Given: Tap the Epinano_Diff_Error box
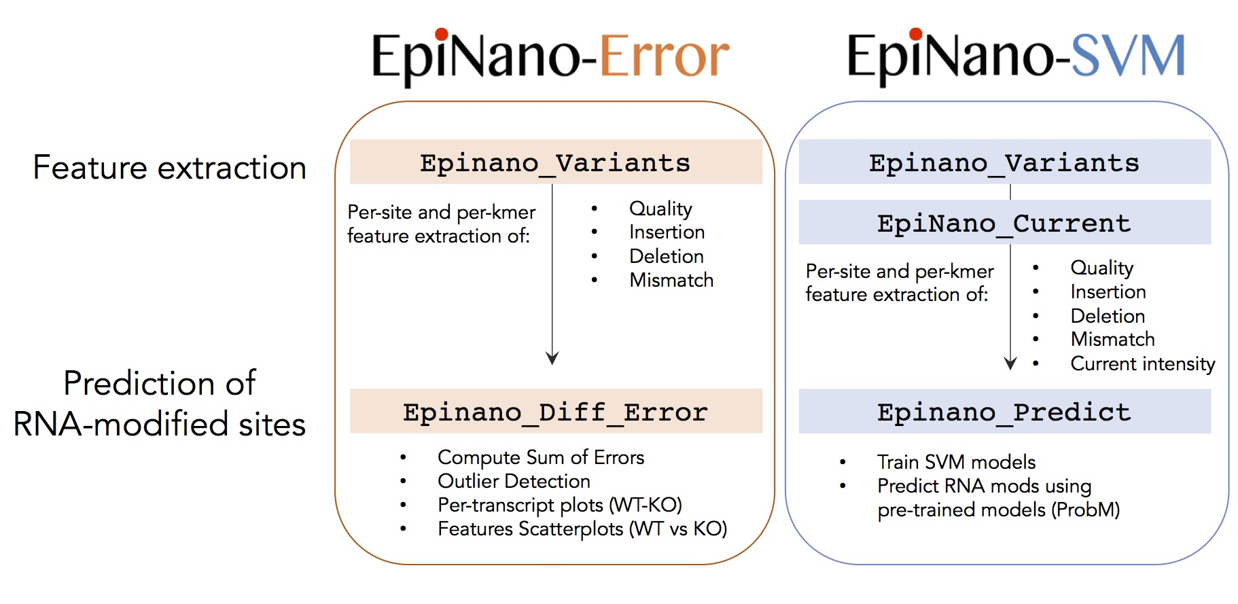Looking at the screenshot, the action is (555, 412).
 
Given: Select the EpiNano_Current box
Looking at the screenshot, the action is (1004, 223).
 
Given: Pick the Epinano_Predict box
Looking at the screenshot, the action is (1004, 412).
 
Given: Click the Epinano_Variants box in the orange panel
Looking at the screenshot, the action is (555, 162).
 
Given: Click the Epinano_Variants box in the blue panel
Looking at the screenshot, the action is (1004, 162).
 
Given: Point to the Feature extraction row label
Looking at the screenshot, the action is (169, 167).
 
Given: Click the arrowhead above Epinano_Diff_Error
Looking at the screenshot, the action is (552, 358).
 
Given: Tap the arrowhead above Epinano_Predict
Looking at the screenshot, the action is (1010, 363).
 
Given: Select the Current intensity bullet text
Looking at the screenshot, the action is (1142, 363).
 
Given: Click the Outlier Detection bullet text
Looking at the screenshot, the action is (514, 481).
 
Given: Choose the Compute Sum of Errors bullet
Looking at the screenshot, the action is (540, 457).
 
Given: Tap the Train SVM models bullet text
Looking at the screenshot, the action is (956, 462).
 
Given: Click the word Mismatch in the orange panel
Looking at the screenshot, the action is (671, 280).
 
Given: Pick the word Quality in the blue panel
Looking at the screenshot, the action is (1101, 268).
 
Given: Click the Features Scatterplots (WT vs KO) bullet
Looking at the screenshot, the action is (582, 529).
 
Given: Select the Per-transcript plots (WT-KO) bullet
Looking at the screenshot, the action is (559, 505).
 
